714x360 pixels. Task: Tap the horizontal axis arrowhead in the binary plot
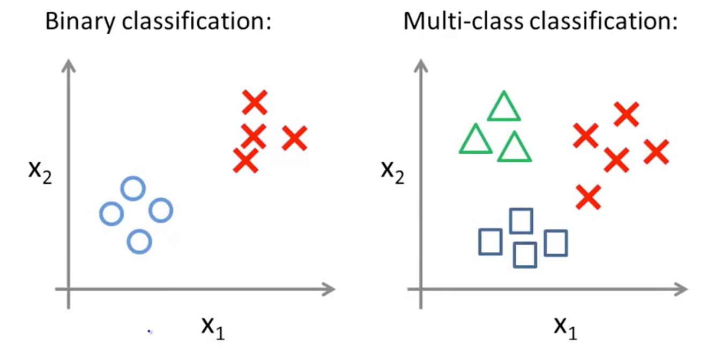point(328,290)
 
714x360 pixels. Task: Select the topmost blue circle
point(132,189)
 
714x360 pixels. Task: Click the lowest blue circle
point(139,242)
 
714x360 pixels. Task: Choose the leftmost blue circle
point(111,214)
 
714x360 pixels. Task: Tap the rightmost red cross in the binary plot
point(294,139)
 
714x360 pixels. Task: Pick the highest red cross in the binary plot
point(254,102)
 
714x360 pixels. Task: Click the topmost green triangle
point(503,107)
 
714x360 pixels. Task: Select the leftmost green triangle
point(475,140)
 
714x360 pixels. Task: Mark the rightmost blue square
point(556,243)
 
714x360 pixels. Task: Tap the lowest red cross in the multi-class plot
point(589,197)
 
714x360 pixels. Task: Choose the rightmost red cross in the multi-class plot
point(656,152)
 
